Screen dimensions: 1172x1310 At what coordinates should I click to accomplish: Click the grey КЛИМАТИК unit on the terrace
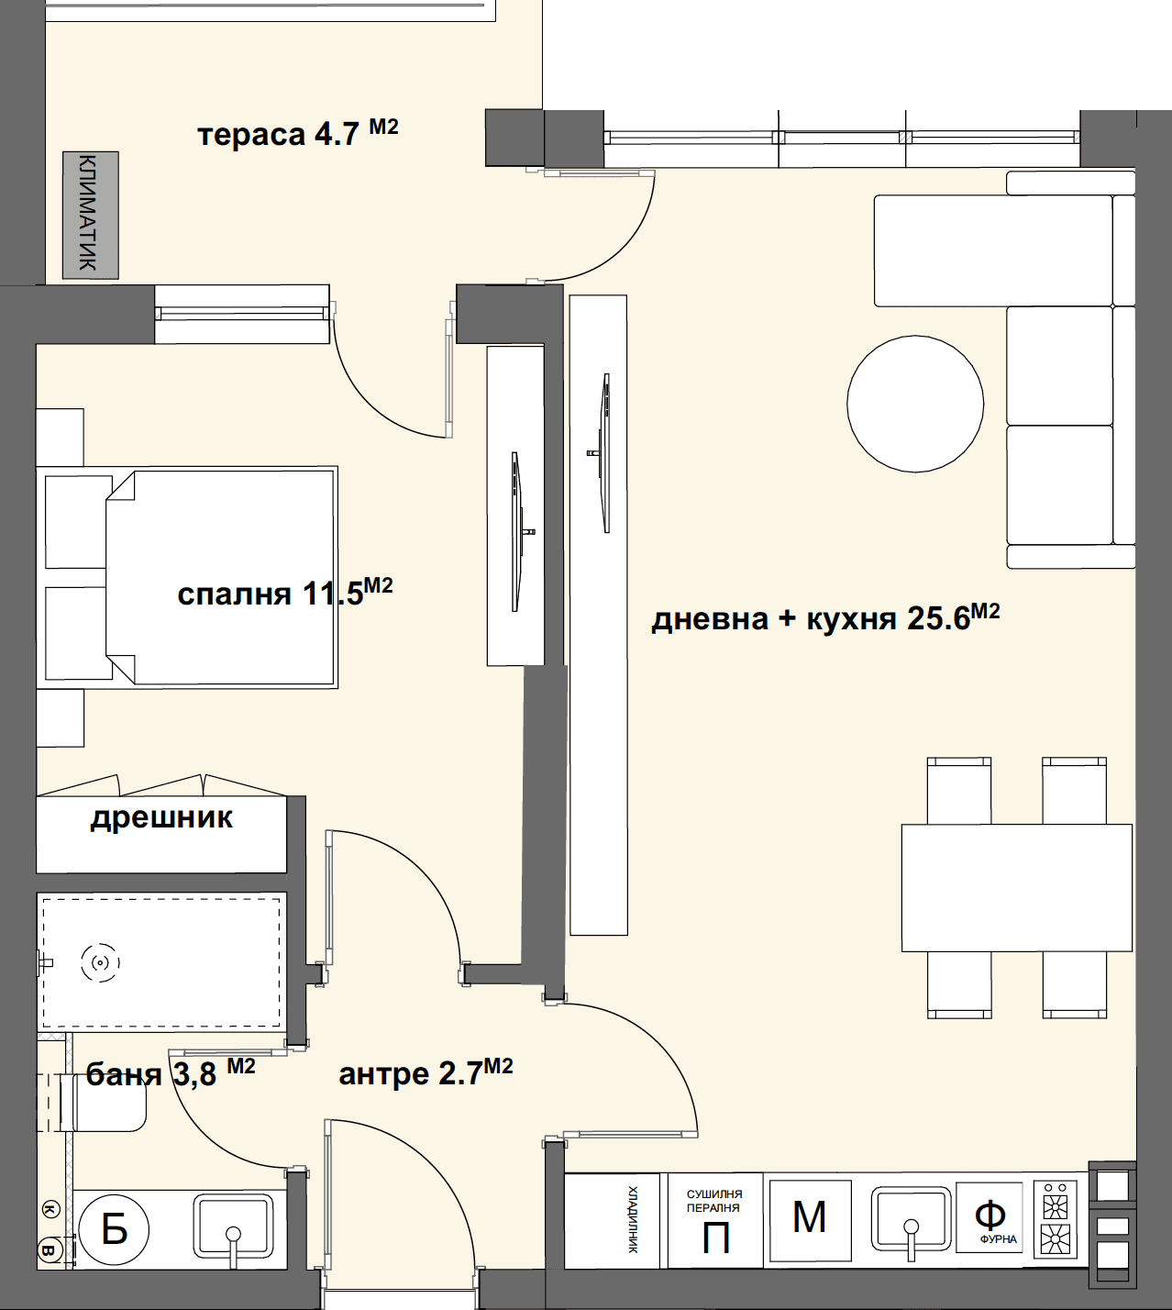pyautogui.click(x=91, y=216)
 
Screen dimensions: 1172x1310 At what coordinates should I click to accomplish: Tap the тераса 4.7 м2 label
pyautogui.click(x=297, y=133)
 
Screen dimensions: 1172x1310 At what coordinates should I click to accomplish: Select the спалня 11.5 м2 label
pyautogui.click(x=285, y=593)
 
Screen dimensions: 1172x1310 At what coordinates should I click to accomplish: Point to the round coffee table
pyautogui.click(x=915, y=405)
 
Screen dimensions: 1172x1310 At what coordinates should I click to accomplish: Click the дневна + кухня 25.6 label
pyautogui.click(x=825, y=617)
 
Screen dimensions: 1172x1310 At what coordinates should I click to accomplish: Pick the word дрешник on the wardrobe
pyautogui.click(x=161, y=817)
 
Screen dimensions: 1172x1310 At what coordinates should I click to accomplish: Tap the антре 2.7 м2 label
pyautogui.click(x=426, y=1073)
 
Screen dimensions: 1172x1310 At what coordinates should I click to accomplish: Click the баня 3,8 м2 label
pyautogui.click(x=171, y=1074)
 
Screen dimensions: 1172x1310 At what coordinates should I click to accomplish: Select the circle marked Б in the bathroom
pyautogui.click(x=115, y=1230)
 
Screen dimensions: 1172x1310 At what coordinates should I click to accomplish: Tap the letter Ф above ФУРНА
pyautogui.click(x=990, y=1216)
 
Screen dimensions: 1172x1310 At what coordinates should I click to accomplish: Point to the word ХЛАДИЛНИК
pyautogui.click(x=633, y=1219)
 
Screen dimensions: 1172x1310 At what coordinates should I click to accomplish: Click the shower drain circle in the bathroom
pyautogui.click(x=100, y=963)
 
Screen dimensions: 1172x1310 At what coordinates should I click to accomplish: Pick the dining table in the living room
pyautogui.click(x=1017, y=888)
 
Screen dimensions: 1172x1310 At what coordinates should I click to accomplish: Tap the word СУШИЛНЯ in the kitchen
pyautogui.click(x=714, y=1193)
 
